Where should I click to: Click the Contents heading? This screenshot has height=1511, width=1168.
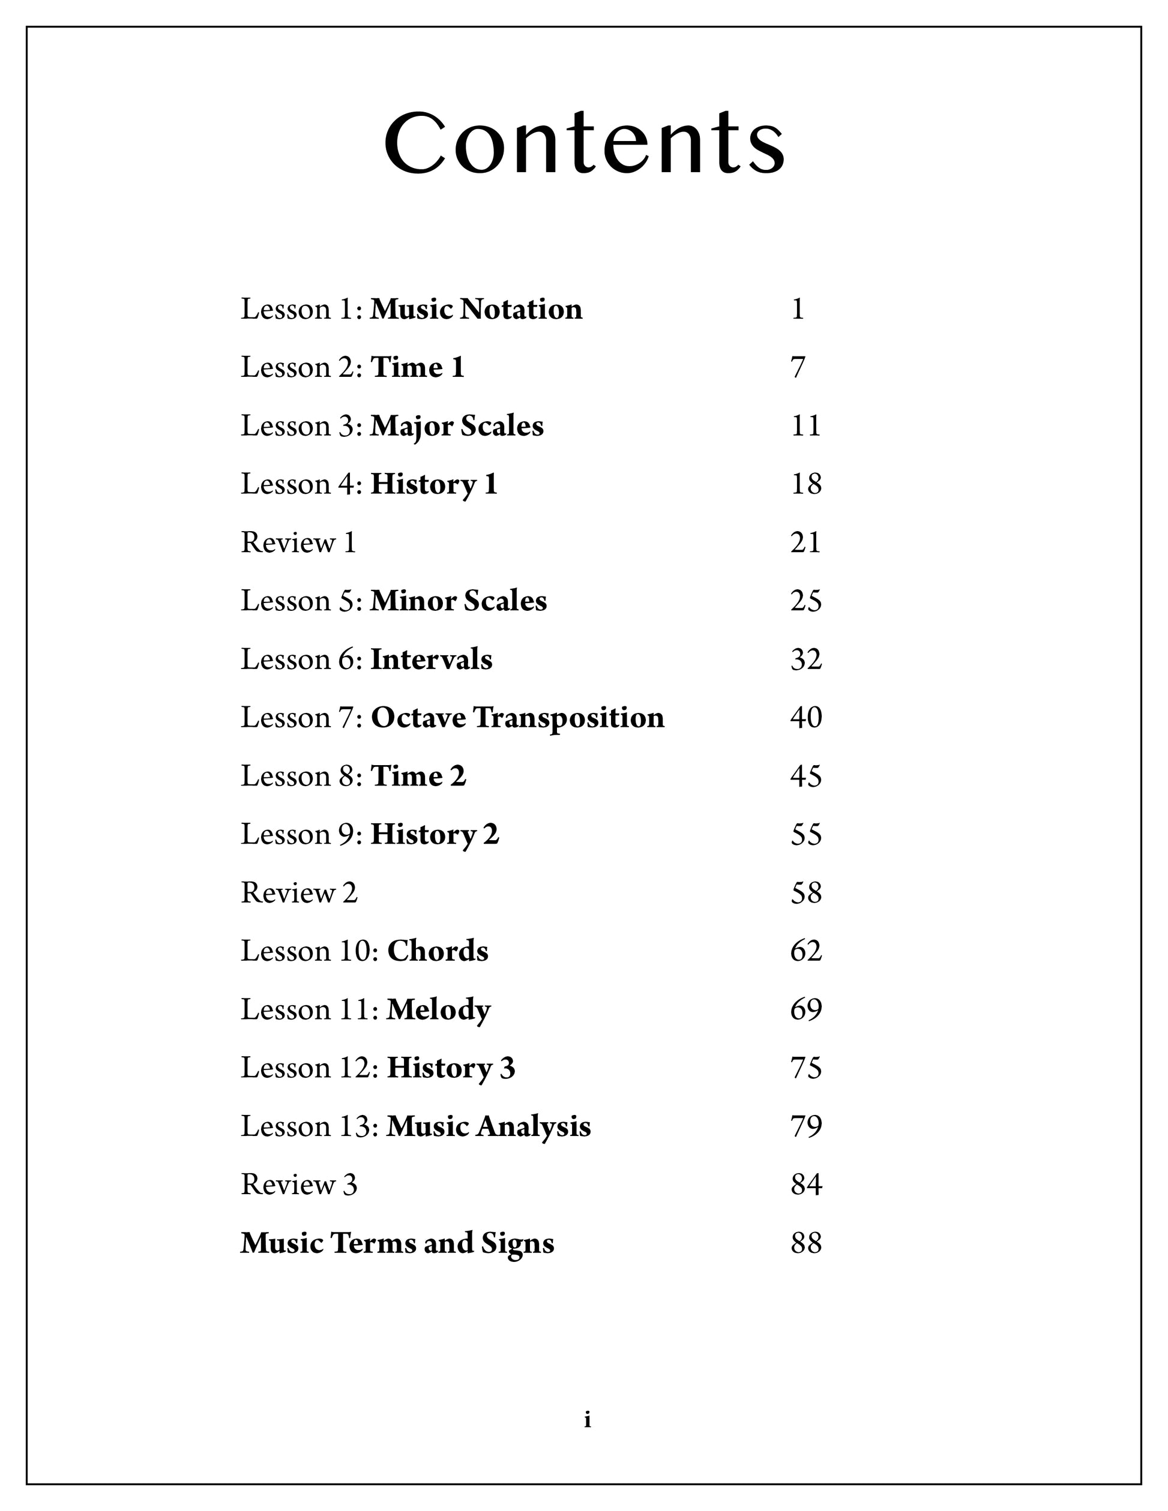(x=585, y=143)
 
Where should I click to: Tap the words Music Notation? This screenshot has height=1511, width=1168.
(x=476, y=309)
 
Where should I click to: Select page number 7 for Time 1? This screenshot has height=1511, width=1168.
(x=798, y=367)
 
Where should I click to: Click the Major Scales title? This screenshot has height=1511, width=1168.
(x=457, y=426)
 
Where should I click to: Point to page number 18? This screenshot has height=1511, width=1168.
(x=806, y=484)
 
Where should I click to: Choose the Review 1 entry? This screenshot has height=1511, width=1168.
(x=298, y=542)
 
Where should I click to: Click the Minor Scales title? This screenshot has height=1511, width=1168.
(x=459, y=601)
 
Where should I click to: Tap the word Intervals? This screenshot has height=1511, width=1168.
(x=432, y=659)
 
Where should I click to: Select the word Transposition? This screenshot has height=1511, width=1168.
(x=569, y=718)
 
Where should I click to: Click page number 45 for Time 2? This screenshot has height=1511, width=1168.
(x=806, y=777)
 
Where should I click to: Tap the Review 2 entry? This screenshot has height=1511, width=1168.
(x=299, y=892)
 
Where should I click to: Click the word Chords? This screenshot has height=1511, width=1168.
(x=438, y=951)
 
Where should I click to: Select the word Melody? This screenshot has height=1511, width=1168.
(x=438, y=1010)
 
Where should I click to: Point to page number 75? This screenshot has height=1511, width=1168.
(x=806, y=1068)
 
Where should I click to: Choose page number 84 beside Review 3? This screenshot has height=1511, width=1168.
(x=806, y=1185)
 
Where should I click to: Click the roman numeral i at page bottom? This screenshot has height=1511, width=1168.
(x=588, y=1420)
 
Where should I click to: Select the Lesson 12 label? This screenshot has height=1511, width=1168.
(x=309, y=1068)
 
